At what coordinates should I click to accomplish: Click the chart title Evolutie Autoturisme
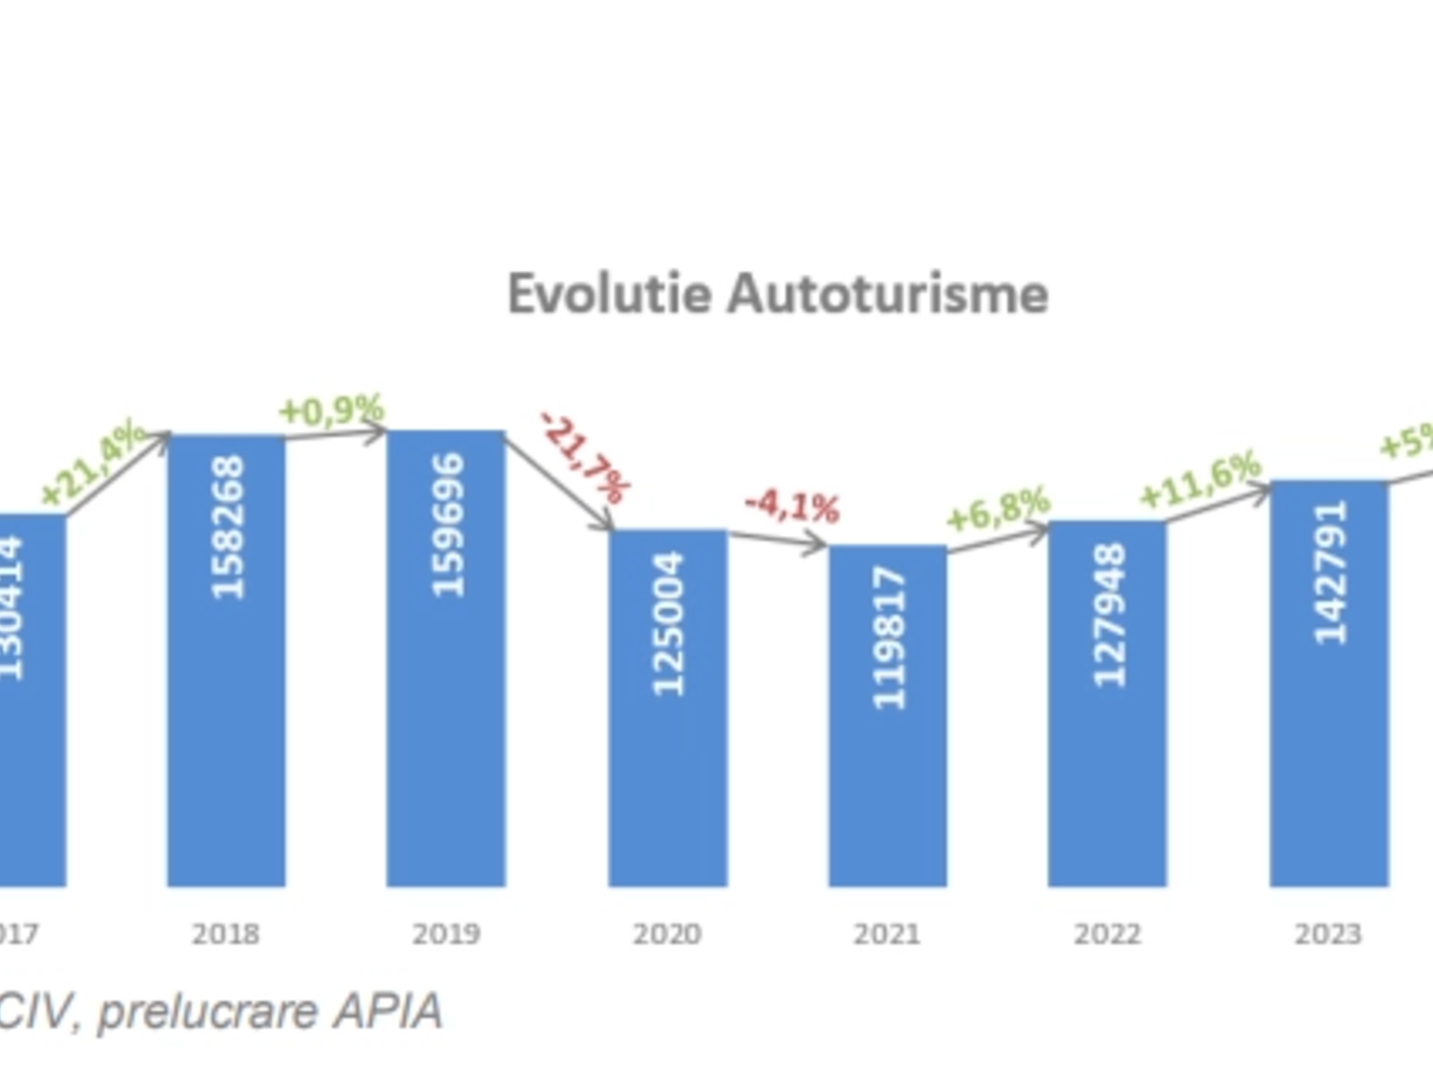point(777,294)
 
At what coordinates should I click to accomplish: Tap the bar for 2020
point(667,761)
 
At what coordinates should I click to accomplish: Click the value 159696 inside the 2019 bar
point(448,525)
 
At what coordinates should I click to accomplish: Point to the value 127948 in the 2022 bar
point(1109,615)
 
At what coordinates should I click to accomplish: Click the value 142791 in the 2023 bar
point(1330,572)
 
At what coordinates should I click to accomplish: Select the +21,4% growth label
point(93,462)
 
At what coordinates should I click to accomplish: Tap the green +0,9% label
point(331,410)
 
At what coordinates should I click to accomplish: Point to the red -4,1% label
point(792,507)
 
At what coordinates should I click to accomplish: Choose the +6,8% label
point(998,508)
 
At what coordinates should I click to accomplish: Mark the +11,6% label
point(1200,481)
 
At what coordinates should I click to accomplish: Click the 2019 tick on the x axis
point(446,934)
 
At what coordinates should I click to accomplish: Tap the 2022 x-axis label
point(1108,934)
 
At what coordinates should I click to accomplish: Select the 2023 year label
point(1328,934)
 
